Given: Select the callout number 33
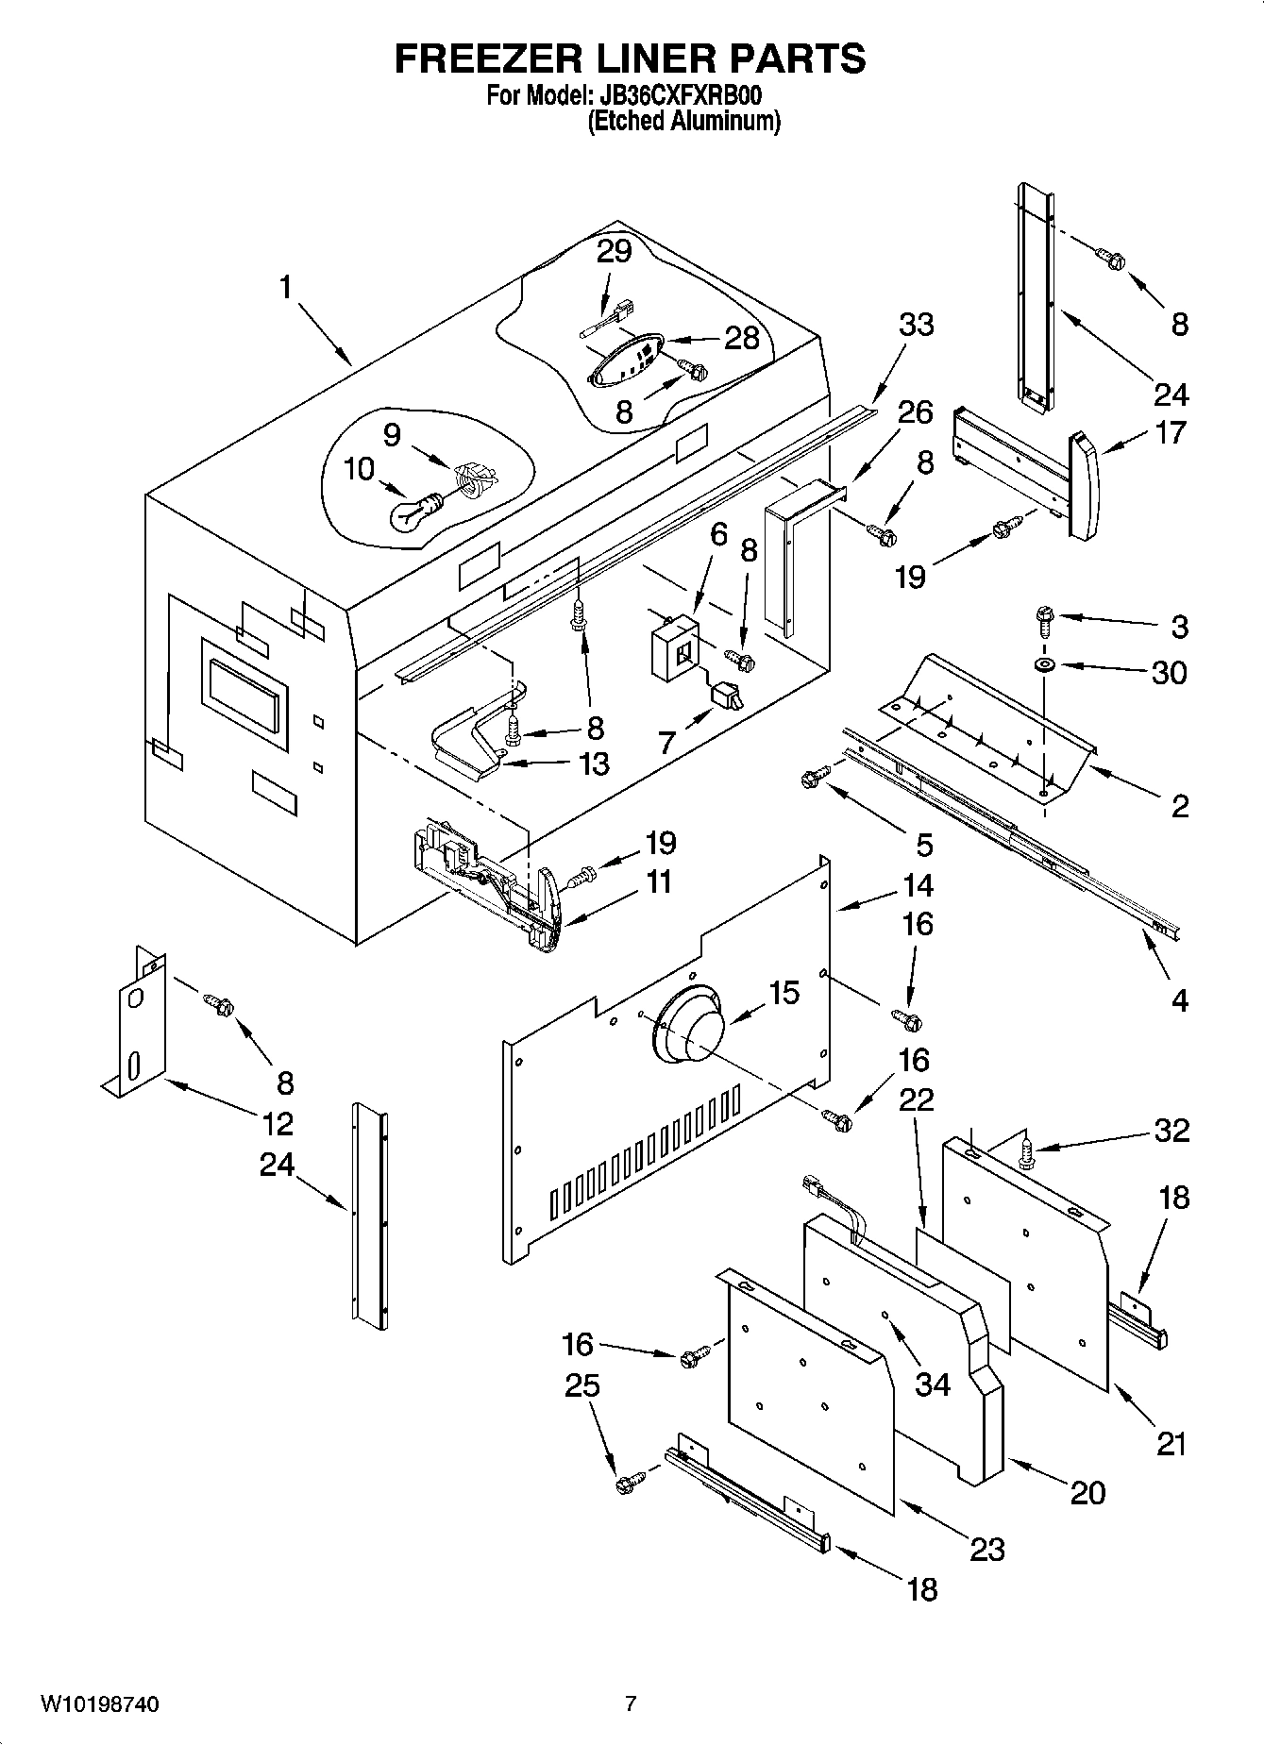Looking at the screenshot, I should (x=916, y=324).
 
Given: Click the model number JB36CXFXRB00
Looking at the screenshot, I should (x=677, y=95).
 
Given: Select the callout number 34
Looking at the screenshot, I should (x=933, y=1384).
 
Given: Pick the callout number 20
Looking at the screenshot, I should (x=1087, y=1492).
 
